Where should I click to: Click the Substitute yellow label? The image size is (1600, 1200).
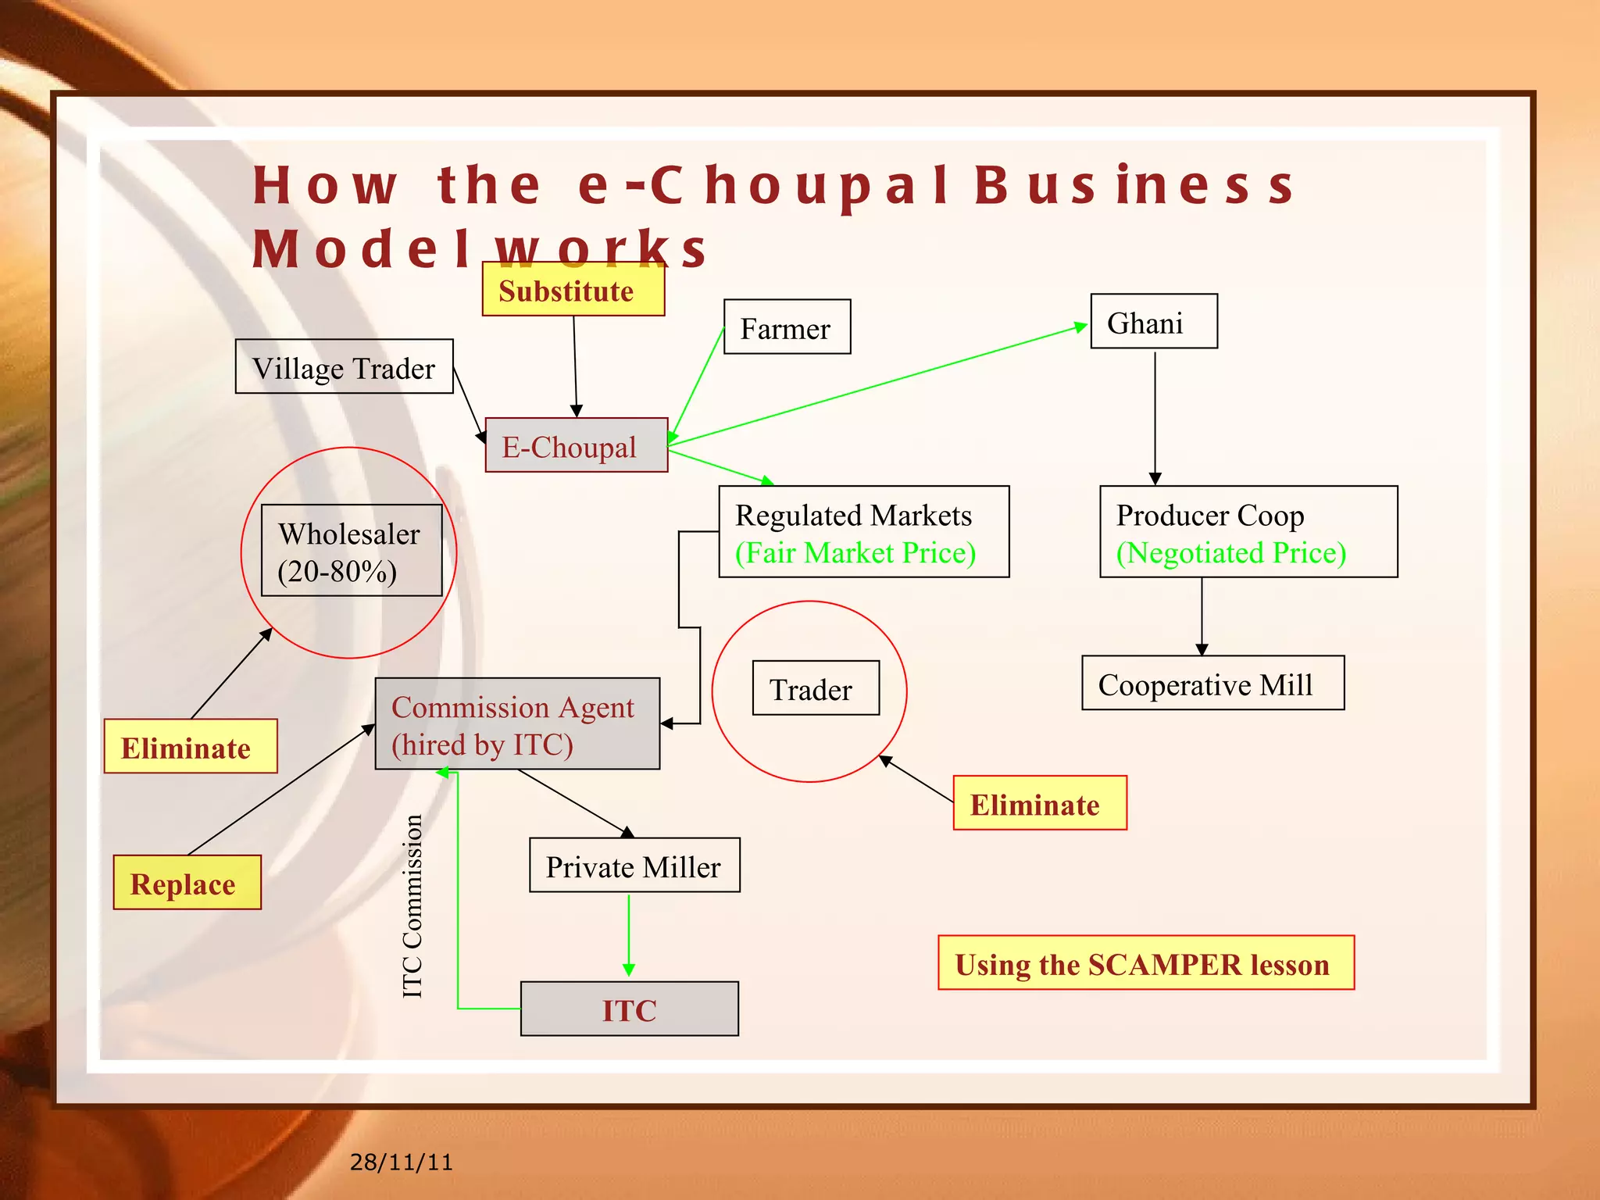click(573, 290)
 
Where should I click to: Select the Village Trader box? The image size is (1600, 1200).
click(344, 366)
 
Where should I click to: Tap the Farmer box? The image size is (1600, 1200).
click(787, 327)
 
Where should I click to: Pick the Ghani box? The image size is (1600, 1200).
click(1153, 321)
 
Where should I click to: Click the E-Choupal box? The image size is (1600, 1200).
click(576, 445)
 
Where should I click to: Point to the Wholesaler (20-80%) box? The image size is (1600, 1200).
click(351, 551)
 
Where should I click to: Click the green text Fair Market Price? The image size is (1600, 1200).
click(855, 553)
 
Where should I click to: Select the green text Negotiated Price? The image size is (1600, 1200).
click(1231, 553)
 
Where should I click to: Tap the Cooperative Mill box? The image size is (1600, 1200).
click(1212, 684)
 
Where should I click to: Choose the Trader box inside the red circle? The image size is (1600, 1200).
click(815, 688)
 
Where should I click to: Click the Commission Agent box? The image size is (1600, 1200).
click(516, 724)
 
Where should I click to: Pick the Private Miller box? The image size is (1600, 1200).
click(634, 866)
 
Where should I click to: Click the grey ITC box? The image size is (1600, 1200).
click(629, 1009)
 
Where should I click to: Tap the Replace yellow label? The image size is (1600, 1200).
click(187, 883)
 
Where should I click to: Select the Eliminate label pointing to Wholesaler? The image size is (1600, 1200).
click(190, 747)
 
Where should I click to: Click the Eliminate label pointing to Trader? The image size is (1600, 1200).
click(1039, 803)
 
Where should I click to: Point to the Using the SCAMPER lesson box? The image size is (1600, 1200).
click(1145, 963)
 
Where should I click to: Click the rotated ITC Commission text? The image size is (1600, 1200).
click(412, 906)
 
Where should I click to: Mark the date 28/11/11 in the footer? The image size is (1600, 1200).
click(401, 1162)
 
